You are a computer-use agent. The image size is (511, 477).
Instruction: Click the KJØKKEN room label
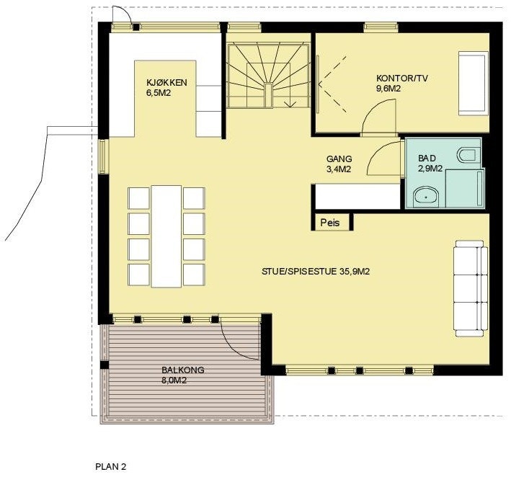coord(166,82)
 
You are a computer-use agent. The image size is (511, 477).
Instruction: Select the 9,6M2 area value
coord(388,89)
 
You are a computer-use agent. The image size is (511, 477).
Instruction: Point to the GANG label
coord(338,159)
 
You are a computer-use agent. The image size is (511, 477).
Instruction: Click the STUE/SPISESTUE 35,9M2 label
coord(321,272)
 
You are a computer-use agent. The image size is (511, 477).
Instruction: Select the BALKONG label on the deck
coord(183,370)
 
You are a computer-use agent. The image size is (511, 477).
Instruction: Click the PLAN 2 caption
coord(111,466)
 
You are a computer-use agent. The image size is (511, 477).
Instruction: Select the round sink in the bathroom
coord(427,195)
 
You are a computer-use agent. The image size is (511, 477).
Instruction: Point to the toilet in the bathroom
coord(467,154)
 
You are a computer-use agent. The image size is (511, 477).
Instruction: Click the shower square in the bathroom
coord(464,189)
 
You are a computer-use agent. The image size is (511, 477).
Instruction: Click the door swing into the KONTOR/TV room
coord(378,117)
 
